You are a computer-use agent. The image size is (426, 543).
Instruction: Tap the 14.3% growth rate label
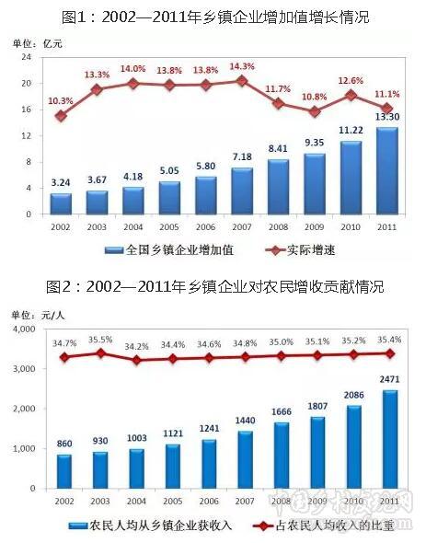coord(242,66)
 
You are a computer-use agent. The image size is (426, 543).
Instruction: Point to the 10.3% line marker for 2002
coord(61,116)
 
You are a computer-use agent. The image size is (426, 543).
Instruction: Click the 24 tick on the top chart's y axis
coord(27,57)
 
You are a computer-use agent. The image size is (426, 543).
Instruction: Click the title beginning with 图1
coord(213,17)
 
